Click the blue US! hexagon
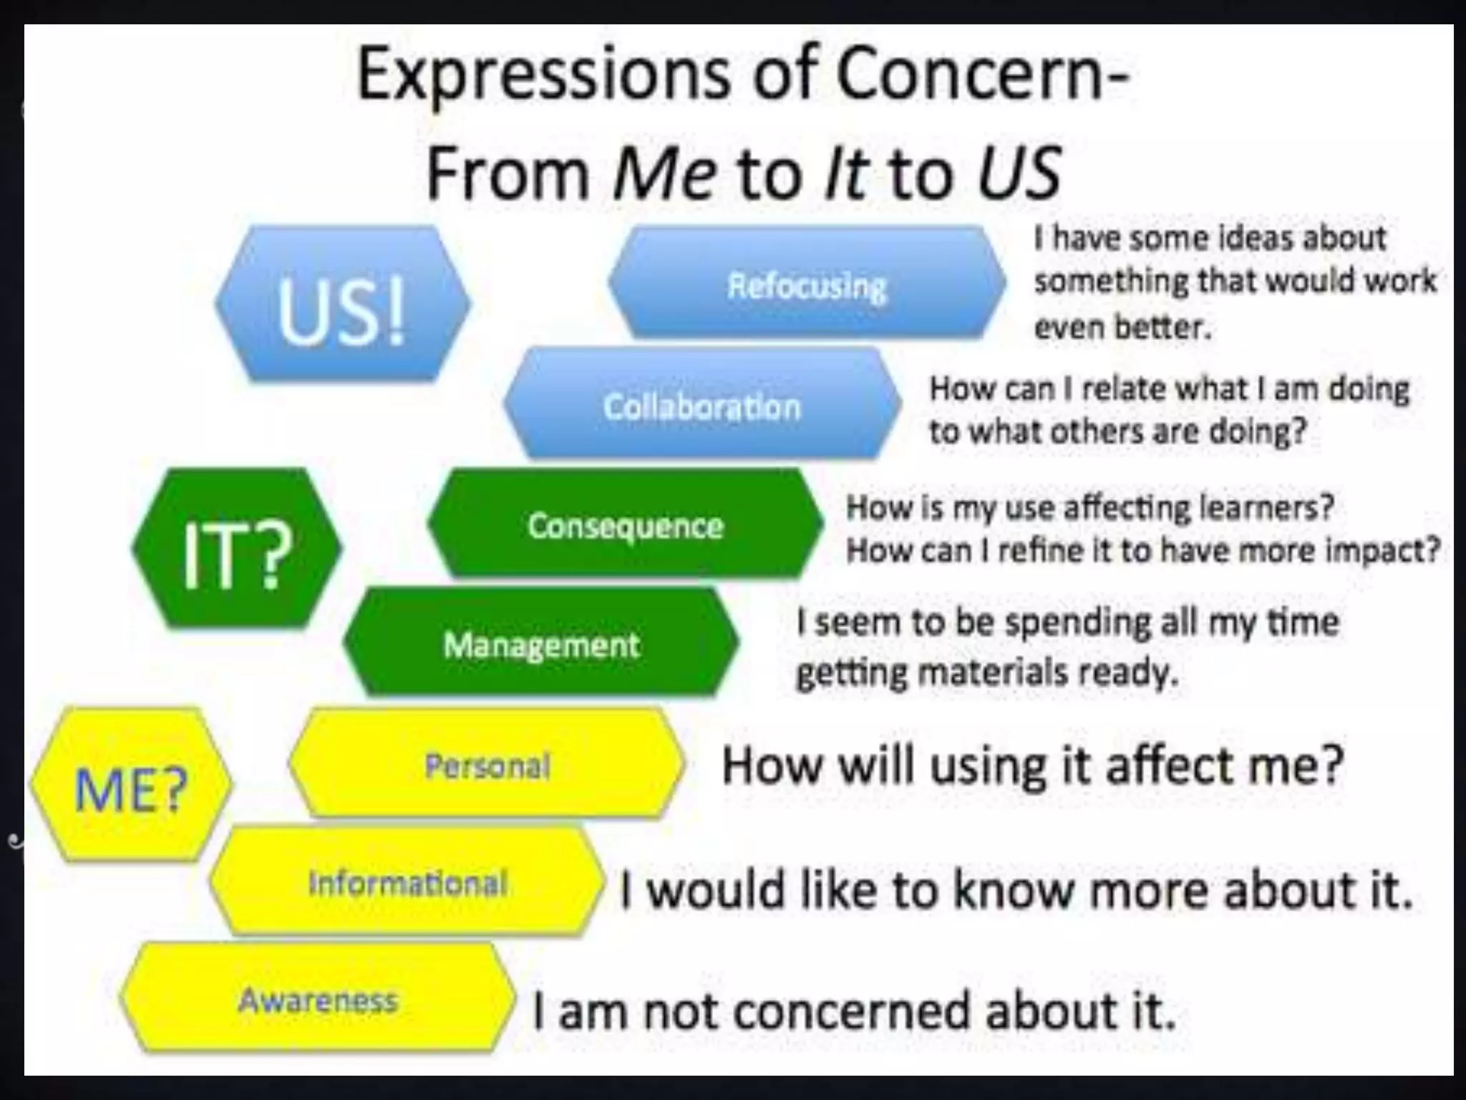tap(342, 304)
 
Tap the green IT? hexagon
tap(237, 549)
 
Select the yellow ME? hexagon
tap(132, 786)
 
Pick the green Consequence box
tap(626, 525)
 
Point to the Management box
tap(541, 644)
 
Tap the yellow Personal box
tap(487, 764)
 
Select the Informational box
tap(407, 882)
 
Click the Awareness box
tap(318, 1000)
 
